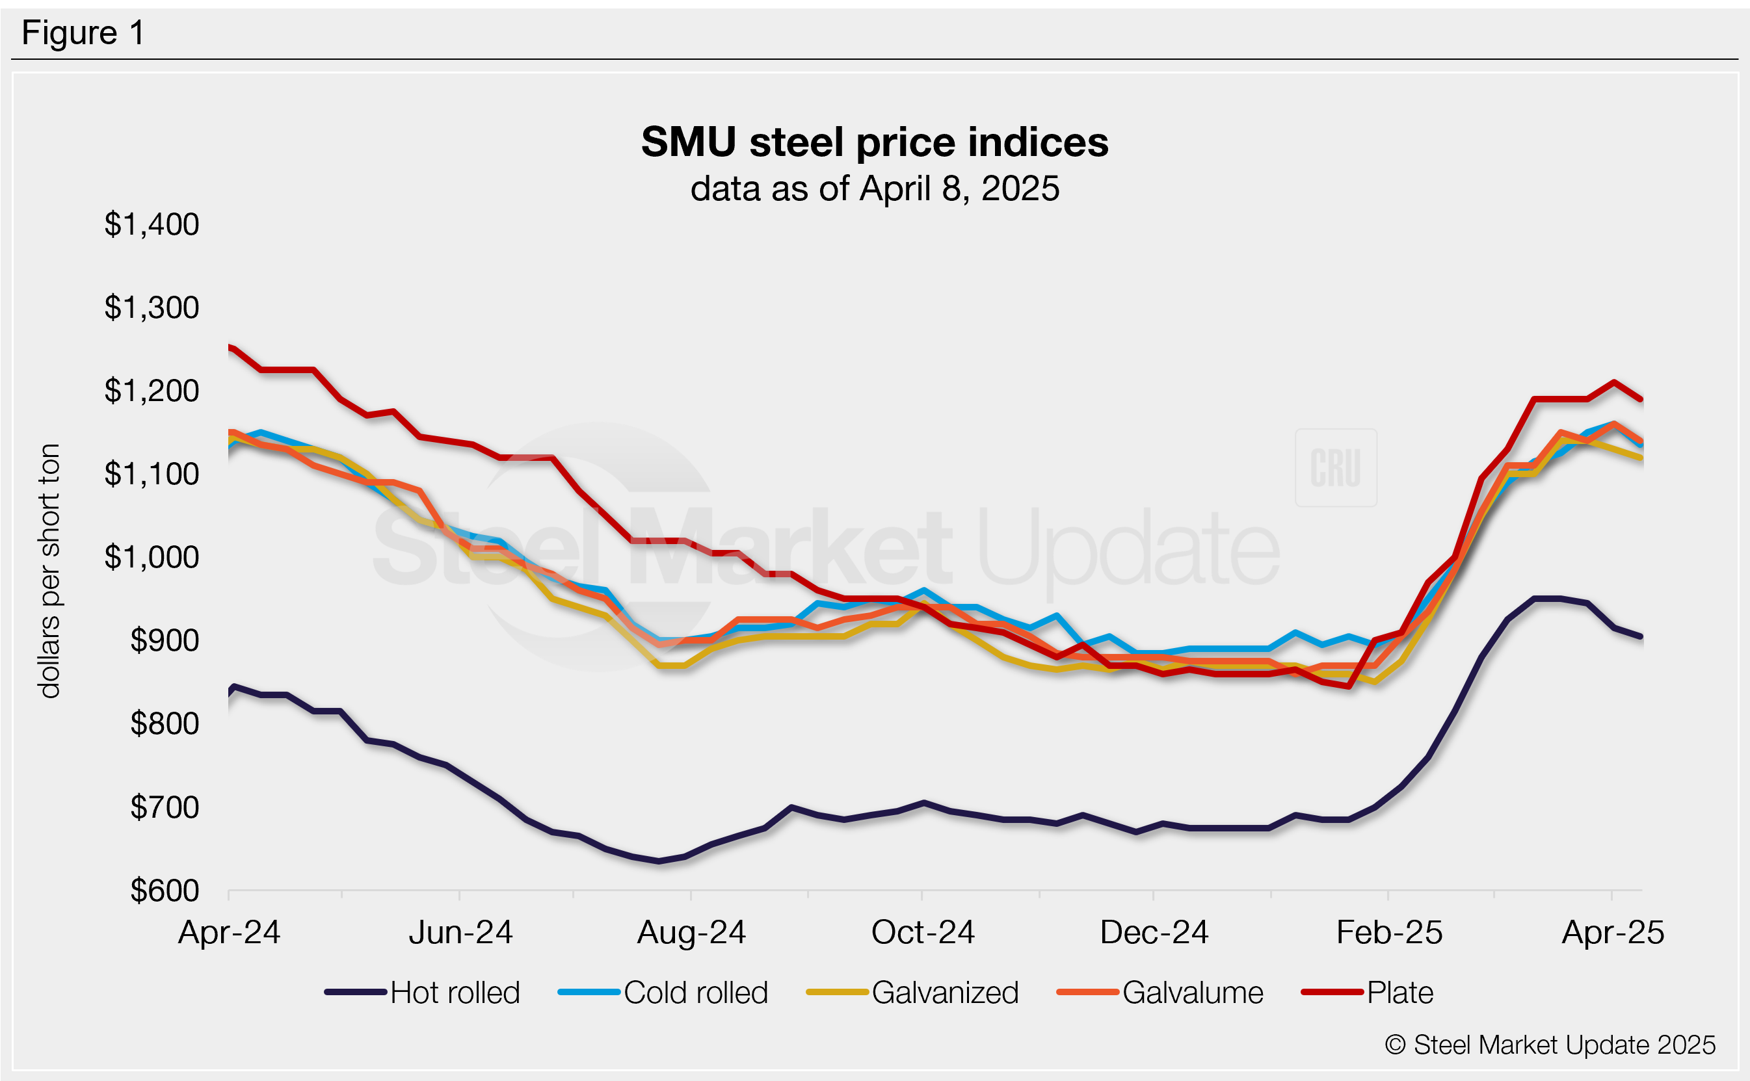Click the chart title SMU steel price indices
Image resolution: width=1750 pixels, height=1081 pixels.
click(874, 142)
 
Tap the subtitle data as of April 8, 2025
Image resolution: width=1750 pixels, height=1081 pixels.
click(874, 189)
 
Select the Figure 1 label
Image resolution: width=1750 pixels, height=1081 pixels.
click(83, 33)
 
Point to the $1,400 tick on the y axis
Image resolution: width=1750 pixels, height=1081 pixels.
click(152, 224)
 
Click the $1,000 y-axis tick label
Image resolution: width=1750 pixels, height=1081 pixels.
click(152, 557)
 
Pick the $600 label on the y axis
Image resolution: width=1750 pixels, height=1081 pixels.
click(165, 891)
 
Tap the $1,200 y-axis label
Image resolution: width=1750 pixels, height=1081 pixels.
click(152, 391)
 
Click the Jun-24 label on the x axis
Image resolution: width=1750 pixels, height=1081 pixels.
click(460, 932)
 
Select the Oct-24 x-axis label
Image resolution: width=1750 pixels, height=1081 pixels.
click(923, 932)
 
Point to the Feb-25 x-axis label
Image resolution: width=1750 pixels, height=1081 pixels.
click(1389, 932)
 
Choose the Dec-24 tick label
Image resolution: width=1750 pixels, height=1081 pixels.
click(1154, 932)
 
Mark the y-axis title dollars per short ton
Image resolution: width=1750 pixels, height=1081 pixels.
click(49, 571)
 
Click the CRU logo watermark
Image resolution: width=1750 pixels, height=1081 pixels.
click(1335, 468)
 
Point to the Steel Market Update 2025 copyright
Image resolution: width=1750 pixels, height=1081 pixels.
click(1550, 1045)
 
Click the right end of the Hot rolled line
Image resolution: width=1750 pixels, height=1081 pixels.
click(1641, 636)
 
